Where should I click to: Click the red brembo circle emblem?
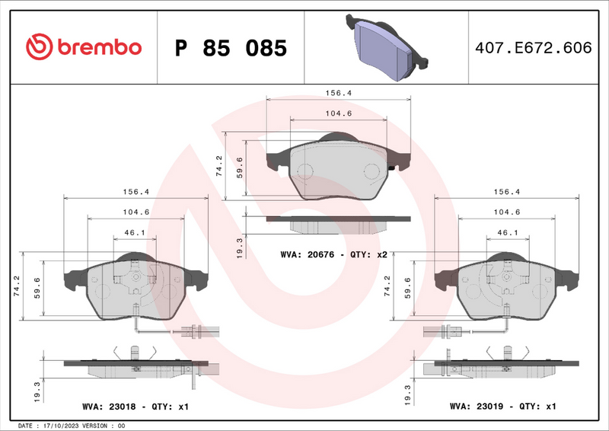(37, 47)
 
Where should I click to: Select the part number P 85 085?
(231, 48)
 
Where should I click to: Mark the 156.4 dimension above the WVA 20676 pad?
(338, 92)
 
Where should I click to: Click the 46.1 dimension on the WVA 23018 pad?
(135, 232)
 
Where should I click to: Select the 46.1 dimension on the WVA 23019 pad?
(508, 232)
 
